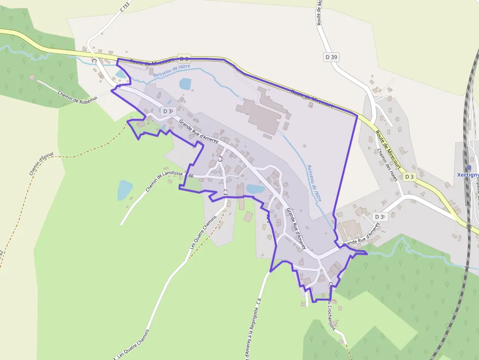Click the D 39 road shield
(331, 57)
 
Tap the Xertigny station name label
(467, 175)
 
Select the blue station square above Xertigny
(469, 168)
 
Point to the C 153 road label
(125, 7)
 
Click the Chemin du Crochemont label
(332, 305)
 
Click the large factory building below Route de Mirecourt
(259, 115)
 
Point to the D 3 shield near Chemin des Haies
(409, 176)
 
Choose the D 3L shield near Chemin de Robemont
(168, 111)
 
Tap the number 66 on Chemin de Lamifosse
(191, 176)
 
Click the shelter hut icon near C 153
(94, 60)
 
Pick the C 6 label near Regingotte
(259, 305)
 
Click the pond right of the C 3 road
(255, 189)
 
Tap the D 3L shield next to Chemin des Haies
(379, 216)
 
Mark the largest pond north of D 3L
(186, 84)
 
